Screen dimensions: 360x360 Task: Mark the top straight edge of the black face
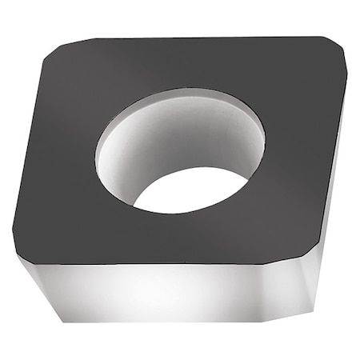pos(200,38)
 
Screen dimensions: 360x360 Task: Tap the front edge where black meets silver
pos(160,263)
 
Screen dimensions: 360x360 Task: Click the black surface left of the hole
pos(64,160)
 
